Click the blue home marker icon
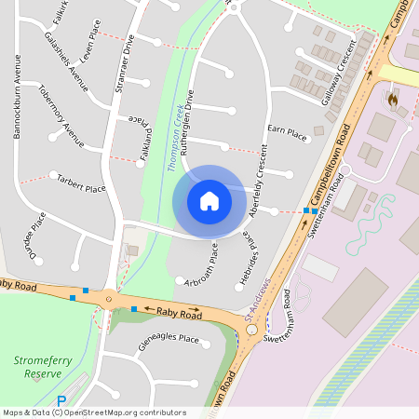pos(209,201)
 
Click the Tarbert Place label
pos(81,181)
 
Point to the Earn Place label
pos(287,134)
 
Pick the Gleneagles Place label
pos(169,339)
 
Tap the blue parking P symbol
pos(61,401)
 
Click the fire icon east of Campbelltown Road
pos(392,97)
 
